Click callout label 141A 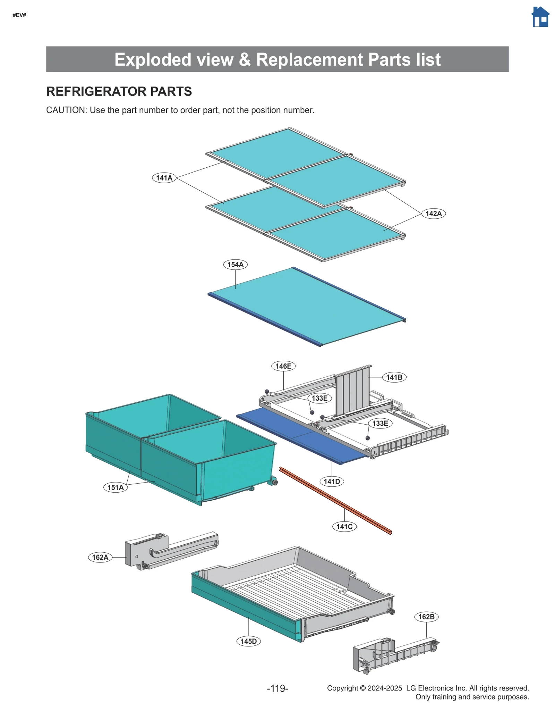pos(164,178)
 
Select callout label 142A pos(433,214)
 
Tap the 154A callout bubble pos(235,265)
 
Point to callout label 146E pos(283,366)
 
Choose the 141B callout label pos(394,377)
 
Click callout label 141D pos(332,481)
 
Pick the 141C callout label pos(344,527)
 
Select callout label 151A pos(116,487)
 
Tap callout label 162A pos(100,557)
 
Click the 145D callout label pos(248,641)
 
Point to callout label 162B pos(426,617)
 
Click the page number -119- pos(277,688)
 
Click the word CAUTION pos(66,110)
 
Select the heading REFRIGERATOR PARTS pos(119,91)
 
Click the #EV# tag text pos(19,15)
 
